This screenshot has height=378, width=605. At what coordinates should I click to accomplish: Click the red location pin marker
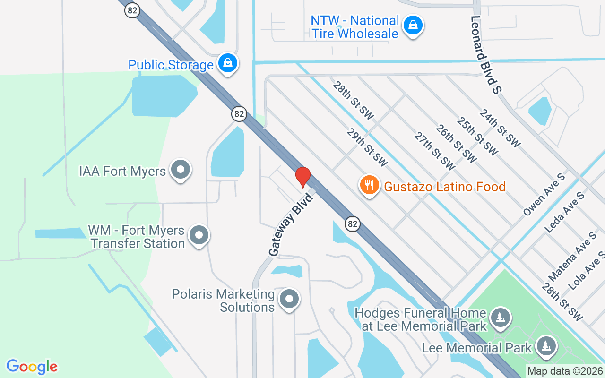(x=302, y=177)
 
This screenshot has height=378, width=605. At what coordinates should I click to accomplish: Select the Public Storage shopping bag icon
(x=228, y=63)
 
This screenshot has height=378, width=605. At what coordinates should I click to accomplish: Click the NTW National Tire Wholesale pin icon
(x=413, y=26)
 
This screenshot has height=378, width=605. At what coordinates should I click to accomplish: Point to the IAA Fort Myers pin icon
(x=180, y=170)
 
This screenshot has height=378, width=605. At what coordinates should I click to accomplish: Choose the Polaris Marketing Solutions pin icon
(x=289, y=299)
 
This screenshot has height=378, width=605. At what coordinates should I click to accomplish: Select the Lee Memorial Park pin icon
(x=547, y=346)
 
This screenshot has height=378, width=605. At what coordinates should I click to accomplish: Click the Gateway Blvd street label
(x=291, y=224)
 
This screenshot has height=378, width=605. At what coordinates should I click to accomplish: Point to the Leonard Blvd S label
(x=485, y=54)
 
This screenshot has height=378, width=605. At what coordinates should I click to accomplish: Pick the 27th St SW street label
(x=434, y=151)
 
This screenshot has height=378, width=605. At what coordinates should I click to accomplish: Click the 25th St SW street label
(x=477, y=137)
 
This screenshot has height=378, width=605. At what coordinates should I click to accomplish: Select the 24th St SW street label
(x=500, y=128)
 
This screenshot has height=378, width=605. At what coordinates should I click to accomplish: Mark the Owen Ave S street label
(x=544, y=195)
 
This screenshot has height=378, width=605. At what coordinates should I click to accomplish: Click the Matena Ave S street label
(x=572, y=257)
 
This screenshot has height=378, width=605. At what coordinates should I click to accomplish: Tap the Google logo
(x=32, y=367)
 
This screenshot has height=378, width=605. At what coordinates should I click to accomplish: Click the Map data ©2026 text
(x=565, y=371)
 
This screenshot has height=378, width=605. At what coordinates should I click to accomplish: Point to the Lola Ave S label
(x=588, y=270)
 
